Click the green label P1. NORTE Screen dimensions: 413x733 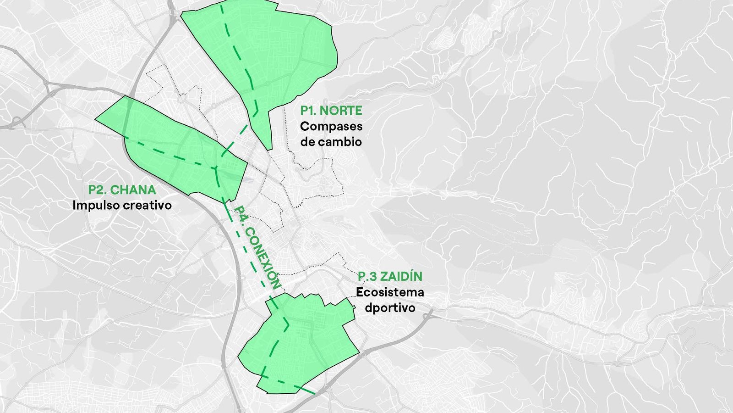pos(331,111)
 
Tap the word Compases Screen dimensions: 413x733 pos(331,126)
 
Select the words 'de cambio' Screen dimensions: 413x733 pos(331,142)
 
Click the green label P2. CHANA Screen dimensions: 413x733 pos(122,190)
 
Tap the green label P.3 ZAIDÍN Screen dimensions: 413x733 pos(390,277)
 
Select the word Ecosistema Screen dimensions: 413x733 pos(390,292)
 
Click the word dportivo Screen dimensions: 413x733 pos(390,307)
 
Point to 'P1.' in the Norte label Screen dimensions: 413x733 pos(308,111)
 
